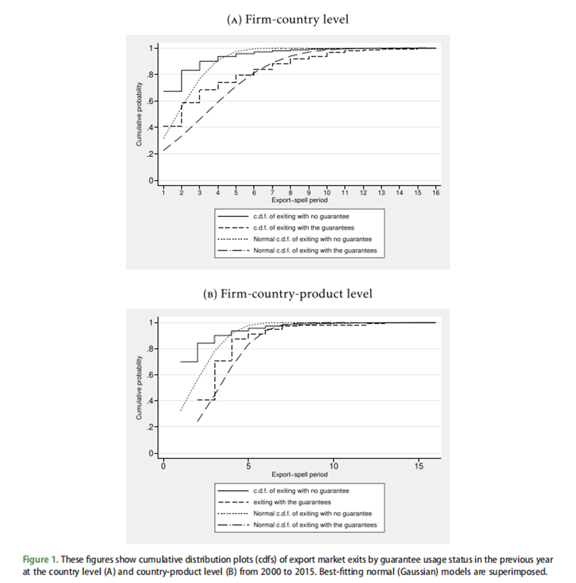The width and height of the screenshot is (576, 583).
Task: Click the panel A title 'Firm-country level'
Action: point(288,19)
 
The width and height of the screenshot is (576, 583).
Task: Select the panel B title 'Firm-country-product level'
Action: point(288,293)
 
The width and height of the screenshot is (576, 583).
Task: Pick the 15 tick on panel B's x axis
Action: point(419,465)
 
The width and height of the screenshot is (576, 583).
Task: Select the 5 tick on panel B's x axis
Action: point(248,465)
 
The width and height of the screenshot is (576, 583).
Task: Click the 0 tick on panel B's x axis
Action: point(164,465)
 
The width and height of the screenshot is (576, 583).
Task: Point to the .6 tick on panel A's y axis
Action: point(152,101)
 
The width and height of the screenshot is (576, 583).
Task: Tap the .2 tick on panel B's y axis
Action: point(152,427)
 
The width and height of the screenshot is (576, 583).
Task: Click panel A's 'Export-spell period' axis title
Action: point(299,200)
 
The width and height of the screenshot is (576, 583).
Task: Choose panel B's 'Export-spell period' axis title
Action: point(299,475)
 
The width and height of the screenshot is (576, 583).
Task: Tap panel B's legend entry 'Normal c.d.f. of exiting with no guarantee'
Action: point(312,514)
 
